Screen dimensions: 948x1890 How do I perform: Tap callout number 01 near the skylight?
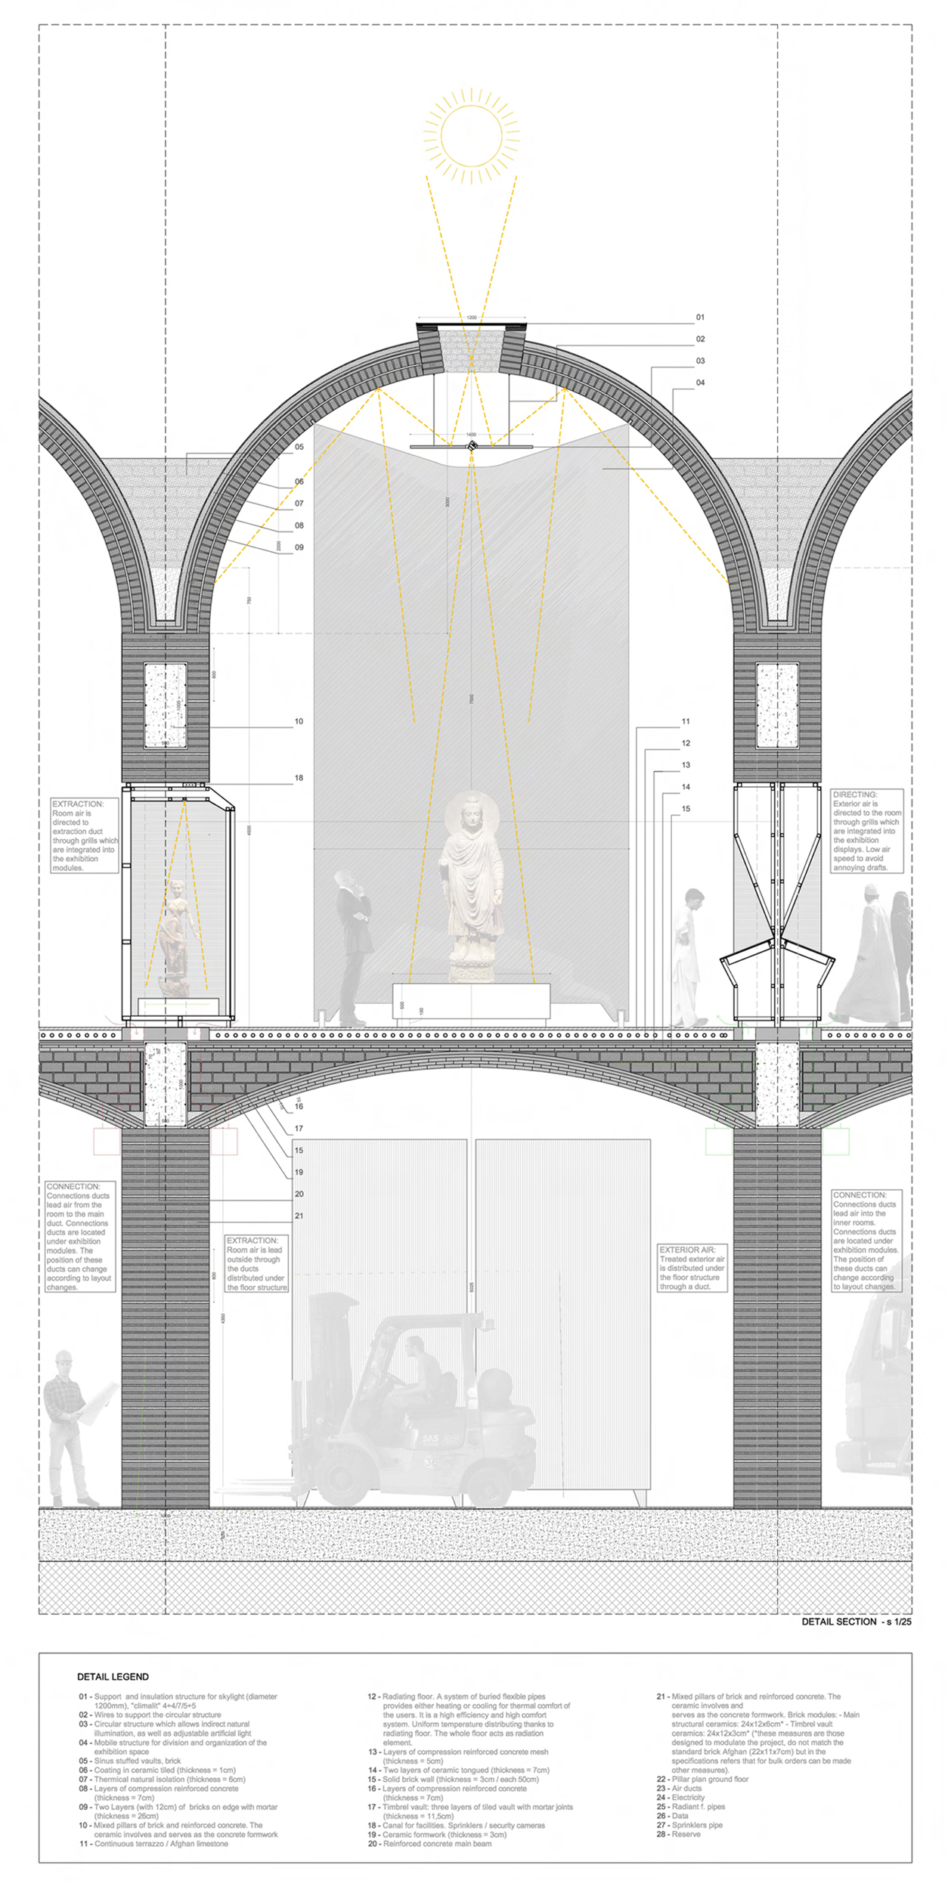tap(700, 318)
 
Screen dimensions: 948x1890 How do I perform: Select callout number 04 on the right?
tap(700, 383)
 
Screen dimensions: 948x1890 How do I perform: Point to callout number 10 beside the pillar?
tap(299, 721)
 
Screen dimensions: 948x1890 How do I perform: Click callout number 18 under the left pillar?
tap(299, 778)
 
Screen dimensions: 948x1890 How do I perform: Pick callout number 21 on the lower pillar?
tap(299, 1216)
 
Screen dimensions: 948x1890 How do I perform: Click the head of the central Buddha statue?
tap(472, 815)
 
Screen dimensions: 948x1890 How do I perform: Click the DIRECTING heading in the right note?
tap(855, 795)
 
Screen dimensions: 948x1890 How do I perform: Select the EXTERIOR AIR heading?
tap(687, 1250)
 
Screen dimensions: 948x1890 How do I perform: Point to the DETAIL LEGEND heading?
tap(113, 1677)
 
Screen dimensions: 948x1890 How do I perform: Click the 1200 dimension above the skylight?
tap(471, 318)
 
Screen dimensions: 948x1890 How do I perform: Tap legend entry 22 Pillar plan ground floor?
tap(703, 1779)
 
